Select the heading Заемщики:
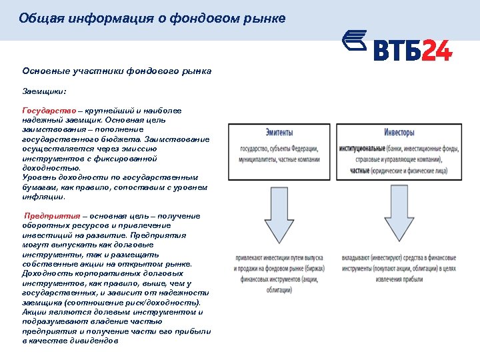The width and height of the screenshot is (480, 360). pyautogui.click(x=45, y=90)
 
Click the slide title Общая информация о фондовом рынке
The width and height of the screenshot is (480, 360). pyautogui.click(x=152, y=19)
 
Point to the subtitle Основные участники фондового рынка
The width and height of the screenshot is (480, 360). pyautogui.click(x=117, y=70)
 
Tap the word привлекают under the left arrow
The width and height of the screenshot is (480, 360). pyautogui.click(x=250, y=257)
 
